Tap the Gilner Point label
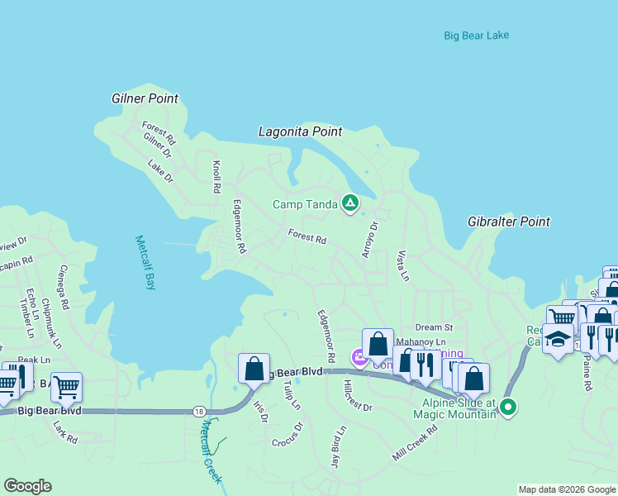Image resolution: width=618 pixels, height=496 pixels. pos(145,98)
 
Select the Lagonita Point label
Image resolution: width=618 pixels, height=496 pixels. pos(300,131)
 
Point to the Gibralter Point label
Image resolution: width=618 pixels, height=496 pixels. pos(508,222)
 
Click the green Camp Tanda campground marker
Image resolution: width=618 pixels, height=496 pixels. pos(350,203)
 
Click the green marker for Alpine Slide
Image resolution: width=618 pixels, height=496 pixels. pos(509,406)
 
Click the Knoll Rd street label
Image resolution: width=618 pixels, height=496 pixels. pos(216,176)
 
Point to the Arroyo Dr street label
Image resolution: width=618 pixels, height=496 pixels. pos(368,238)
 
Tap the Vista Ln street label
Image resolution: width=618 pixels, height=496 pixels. pos(403,265)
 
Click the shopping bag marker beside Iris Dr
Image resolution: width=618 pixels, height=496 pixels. pos(254,369)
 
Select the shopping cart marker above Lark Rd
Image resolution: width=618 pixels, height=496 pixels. pos(66,385)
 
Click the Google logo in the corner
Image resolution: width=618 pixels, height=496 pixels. pos(28,485)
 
